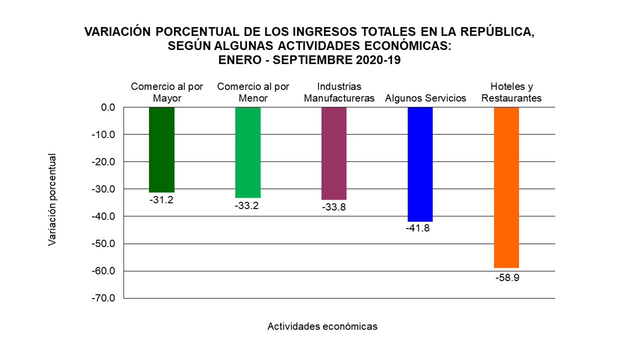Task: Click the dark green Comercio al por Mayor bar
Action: point(161,149)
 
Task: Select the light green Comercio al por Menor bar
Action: point(247,152)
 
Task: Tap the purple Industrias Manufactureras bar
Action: point(333,153)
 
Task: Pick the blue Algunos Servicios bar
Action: point(420,164)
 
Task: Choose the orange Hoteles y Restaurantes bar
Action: point(506,187)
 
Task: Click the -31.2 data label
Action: point(161,199)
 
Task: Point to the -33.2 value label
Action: point(247,205)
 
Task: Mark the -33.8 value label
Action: point(333,207)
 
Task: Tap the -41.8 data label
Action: point(420,228)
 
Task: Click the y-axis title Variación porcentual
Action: point(52,200)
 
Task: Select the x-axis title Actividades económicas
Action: point(322,326)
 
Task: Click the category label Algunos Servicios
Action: point(425,98)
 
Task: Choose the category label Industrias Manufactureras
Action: point(339,92)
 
